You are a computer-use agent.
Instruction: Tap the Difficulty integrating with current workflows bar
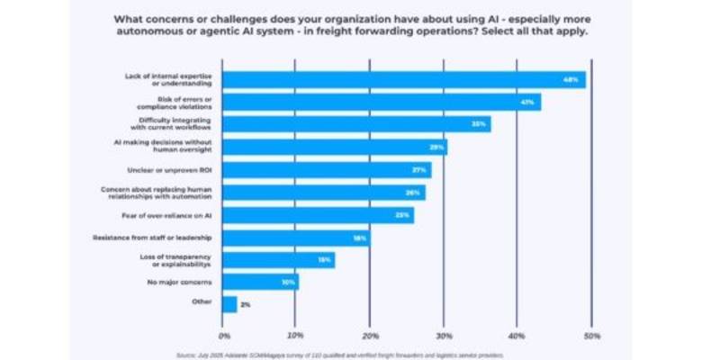[355, 124]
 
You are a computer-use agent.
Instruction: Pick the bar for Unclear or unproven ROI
[326, 169]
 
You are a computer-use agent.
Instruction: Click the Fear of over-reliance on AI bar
[318, 215]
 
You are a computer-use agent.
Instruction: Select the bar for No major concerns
[260, 283]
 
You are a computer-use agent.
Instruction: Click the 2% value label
[245, 305]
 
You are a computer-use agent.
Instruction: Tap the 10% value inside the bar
[288, 283]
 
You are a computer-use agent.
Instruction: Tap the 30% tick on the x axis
[444, 336]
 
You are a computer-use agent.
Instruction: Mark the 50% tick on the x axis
[590, 336]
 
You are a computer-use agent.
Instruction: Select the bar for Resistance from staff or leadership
[296, 238]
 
